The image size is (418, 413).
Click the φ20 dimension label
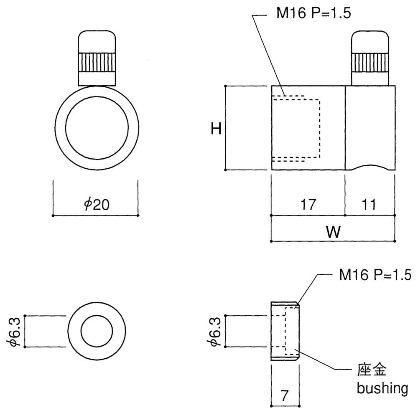pyautogui.click(x=97, y=204)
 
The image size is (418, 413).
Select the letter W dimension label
pyautogui.click(x=333, y=232)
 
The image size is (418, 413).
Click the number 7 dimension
pyautogui.click(x=285, y=395)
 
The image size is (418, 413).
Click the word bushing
pyautogui.click(x=382, y=388)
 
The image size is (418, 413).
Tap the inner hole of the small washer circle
pyautogui.click(x=97, y=331)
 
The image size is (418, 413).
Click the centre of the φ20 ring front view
pyautogui.click(x=97, y=128)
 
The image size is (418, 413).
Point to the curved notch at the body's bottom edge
pyautogui.click(x=370, y=167)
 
